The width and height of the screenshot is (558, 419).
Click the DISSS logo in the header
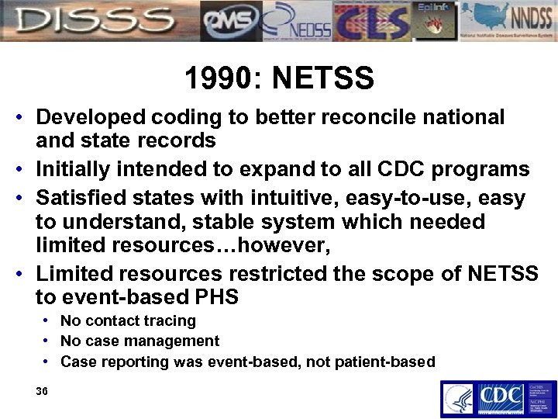(x=97, y=21)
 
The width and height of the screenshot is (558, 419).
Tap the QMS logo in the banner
(x=230, y=21)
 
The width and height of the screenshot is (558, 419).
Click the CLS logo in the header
(x=370, y=21)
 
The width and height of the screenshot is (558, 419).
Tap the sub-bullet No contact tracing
(x=128, y=320)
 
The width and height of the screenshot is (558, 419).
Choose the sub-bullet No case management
(x=139, y=341)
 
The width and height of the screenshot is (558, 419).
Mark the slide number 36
(x=42, y=392)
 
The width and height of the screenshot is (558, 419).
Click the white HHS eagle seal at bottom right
(x=457, y=399)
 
